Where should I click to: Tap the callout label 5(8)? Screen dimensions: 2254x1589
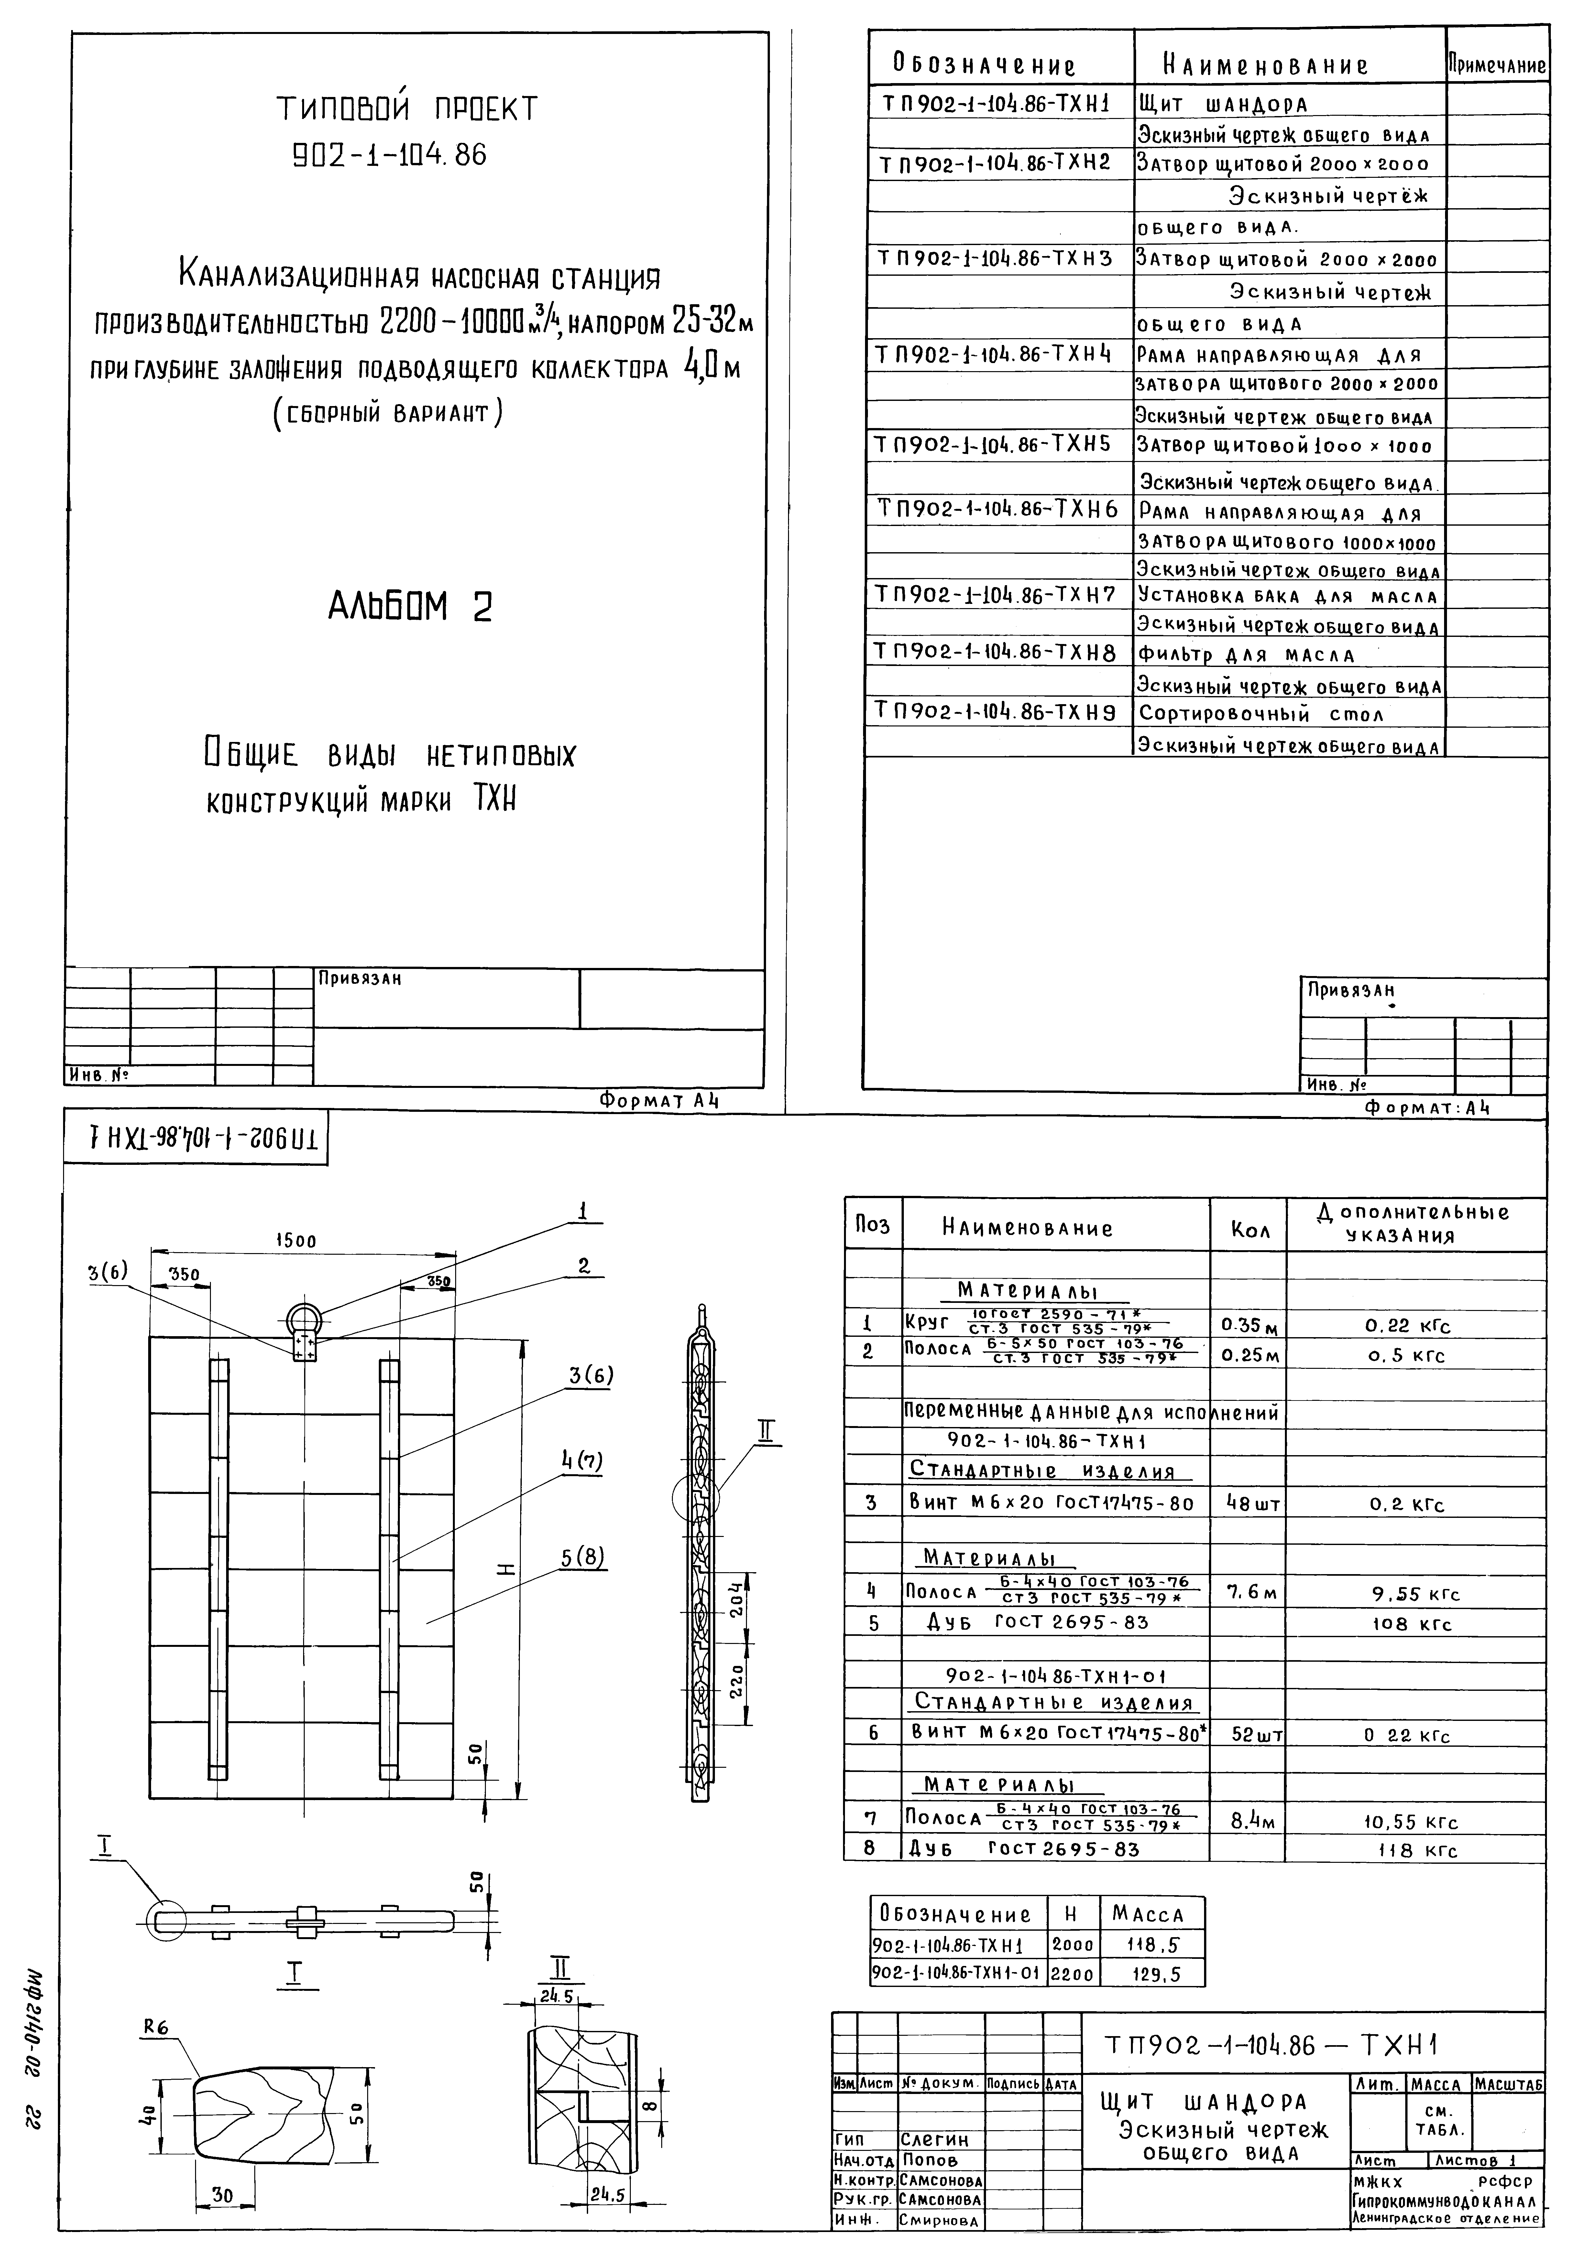(584, 1556)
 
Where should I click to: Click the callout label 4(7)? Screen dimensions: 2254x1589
(582, 1461)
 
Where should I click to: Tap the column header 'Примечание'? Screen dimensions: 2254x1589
(1497, 66)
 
